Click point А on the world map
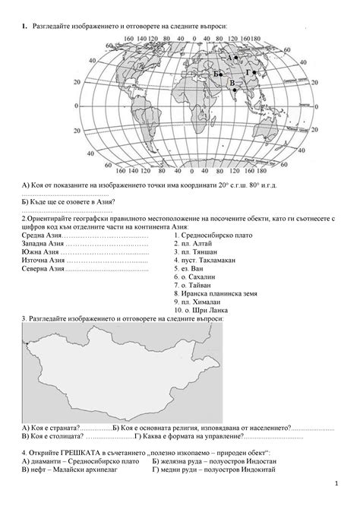tap(236, 58)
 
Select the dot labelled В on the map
tap(235, 90)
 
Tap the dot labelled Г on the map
tap(254, 73)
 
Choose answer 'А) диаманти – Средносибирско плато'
tap(81, 460)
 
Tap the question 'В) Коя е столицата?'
tap(52, 436)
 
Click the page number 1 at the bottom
tap(335, 484)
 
